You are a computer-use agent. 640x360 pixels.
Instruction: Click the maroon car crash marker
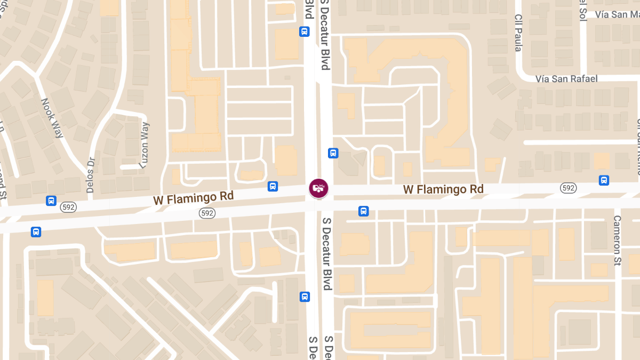318,188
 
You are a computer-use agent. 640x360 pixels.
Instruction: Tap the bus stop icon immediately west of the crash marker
273,186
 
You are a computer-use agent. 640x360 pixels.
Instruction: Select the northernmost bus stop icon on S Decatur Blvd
305,31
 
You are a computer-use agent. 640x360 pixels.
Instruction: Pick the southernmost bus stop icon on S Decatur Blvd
305,297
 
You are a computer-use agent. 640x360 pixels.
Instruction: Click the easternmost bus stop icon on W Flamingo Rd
604,180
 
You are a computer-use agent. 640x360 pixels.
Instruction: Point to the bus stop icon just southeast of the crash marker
363,211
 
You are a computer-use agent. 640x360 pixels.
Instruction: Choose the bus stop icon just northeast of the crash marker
333,154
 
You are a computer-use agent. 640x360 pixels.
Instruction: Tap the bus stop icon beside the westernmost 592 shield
51,201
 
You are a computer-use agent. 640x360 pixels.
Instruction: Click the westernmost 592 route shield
68,207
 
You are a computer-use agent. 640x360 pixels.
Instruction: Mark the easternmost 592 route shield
568,187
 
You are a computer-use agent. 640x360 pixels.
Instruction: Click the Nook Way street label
53,118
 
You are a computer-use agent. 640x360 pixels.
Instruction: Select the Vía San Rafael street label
566,79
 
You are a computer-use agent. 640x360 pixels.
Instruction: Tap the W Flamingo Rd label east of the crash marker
443,189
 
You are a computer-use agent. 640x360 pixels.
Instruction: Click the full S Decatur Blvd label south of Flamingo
326,254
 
